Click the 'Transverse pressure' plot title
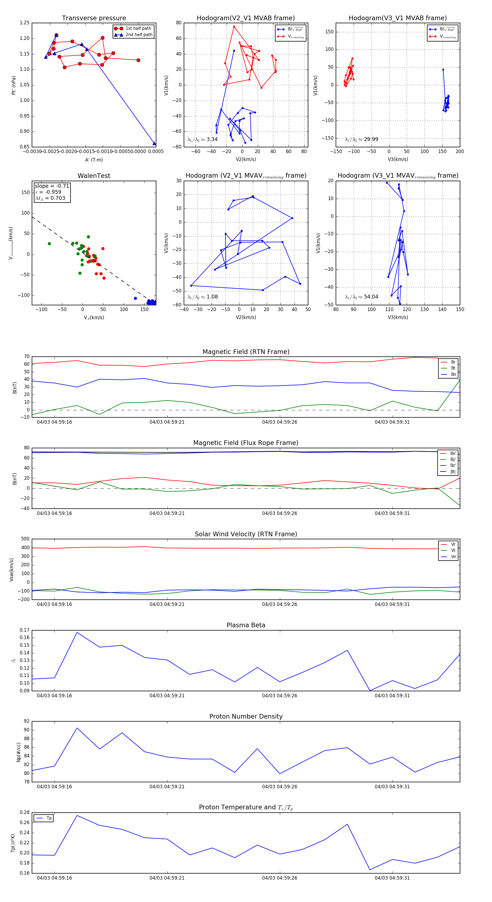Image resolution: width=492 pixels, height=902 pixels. [x=94, y=18]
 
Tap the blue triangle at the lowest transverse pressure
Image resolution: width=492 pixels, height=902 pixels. [x=154, y=143]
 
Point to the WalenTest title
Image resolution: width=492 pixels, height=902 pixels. [x=94, y=176]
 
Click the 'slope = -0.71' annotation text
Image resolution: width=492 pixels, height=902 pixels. [x=52, y=186]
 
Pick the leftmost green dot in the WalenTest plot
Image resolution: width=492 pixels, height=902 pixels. [x=49, y=244]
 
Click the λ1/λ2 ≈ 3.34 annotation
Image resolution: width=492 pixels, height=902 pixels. [x=202, y=139]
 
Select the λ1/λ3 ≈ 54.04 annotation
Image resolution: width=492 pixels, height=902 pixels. [x=361, y=297]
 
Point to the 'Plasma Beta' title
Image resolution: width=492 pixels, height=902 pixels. [x=246, y=625]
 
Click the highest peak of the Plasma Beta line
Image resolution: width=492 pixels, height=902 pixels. [x=77, y=632]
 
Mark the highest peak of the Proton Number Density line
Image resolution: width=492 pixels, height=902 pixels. [x=77, y=728]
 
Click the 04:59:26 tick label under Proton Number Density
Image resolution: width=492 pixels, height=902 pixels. [x=279, y=786]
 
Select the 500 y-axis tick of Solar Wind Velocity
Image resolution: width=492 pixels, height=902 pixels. [x=25, y=539]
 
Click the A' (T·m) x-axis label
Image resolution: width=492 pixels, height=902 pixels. [x=94, y=160]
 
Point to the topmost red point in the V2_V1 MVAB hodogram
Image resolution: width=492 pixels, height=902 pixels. [x=234, y=27]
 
